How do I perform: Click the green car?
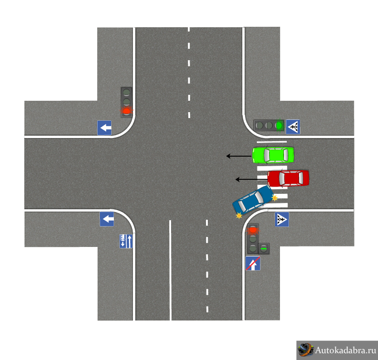[x=273, y=155]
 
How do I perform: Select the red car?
[x=288, y=178]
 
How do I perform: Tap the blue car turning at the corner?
[x=253, y=200]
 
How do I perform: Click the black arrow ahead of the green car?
[x=239, y=156]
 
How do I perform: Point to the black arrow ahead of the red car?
[x=251, y=179]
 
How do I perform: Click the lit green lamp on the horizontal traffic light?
[x=279, y=125]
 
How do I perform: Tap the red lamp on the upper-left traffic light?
[x=127, y=111]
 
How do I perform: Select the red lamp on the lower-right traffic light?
[x=253, y=230]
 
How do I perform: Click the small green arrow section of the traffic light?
[x=264, y=248]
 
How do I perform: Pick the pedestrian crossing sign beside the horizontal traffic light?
[x=293, y=127]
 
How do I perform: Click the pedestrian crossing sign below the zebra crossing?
[x=282, y=219]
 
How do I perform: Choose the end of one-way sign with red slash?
[x=253, y=263]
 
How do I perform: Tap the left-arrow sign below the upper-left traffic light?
[x=104, y=128]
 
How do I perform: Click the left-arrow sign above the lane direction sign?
[x=107, y=219]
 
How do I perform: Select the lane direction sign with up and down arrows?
[x=126, y=241]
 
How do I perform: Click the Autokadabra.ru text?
[x=345, y=350]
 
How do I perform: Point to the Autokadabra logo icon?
[x=305, y=350]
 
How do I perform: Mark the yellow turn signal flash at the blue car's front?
[x=239, y=216]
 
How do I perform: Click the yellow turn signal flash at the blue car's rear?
[x=275, y=198]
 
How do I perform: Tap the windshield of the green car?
[x=267, y=155]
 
